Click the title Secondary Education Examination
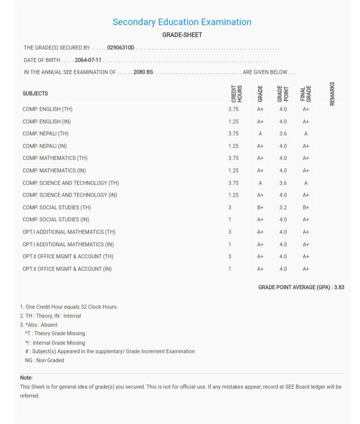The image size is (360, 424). click(x=182, y=22)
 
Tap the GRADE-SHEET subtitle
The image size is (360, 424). click(x=182, y=35)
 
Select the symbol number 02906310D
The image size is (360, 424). click(x=120, y=47)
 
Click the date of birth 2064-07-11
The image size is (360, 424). click(x=88, y=60)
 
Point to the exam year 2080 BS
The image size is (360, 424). click(x=143, y=72)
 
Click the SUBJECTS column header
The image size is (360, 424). click(x=35, y=93)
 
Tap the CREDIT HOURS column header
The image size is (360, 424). click(x=236, y=93)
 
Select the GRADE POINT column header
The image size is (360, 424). click(x=283, y=93)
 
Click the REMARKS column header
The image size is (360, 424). click(x=332, y=93)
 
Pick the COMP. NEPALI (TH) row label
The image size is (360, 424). click(x=45, y=134)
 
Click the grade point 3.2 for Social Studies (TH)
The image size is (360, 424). click(x=283, y=207)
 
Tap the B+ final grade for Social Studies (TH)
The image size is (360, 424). click(x=305, y=207)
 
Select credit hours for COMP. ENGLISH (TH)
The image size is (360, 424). click(x=233, y=109)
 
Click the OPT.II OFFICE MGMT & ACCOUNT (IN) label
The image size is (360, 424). click(x=67, y=269)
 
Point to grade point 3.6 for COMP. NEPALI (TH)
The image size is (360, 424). click(x=283, y=134)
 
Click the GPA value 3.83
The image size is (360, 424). click(x=339, y=287)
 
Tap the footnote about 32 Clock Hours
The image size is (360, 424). click(x=69, y=307)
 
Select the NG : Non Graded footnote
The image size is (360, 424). click(x=44, y=360)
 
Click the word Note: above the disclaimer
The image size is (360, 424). click(x=26, y=378)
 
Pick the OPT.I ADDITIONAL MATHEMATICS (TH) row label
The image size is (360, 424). click(x=69, y=232)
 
